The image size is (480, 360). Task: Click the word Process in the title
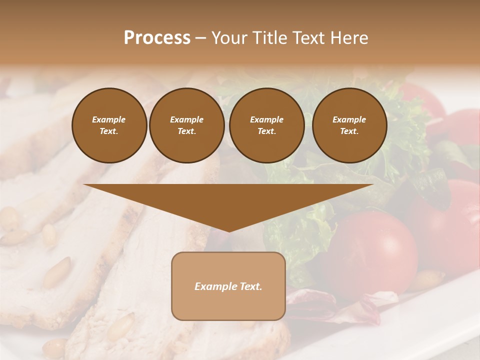(157, 38)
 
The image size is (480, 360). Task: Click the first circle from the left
(109, 125)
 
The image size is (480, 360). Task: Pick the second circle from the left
(186, 125)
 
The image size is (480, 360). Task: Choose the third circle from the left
(266, 125)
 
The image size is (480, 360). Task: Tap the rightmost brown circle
(349, 125)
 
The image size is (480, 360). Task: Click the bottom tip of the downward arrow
(228, 230)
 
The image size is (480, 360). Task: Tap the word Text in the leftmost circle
(109, 131)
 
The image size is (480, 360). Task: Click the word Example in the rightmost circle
(349, 119)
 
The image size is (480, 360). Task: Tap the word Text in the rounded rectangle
(249, 286)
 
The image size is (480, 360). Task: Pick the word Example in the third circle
(266, 119)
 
